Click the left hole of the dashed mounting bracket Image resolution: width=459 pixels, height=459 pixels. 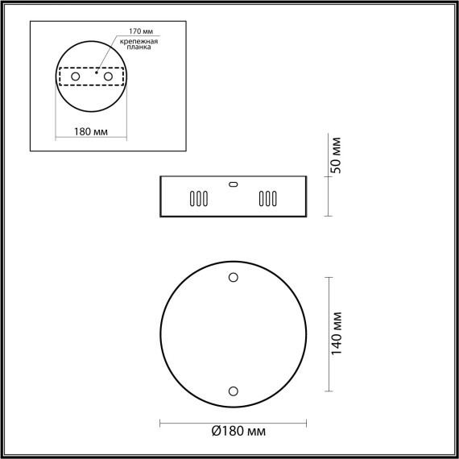[x=76, y=76]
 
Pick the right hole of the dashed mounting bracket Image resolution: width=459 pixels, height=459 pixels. [x=107, y=76]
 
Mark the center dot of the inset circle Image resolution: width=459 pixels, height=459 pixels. [x=93, y=76]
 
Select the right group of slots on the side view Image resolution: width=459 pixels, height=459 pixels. [x=267, y=199]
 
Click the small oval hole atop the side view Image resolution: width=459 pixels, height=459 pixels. [x=234, y=184]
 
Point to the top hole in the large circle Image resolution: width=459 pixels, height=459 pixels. [x=234, y=278]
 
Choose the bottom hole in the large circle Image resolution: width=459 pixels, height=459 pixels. [x=234, y=391]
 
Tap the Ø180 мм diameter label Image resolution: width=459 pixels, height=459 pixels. [x=239, y=432]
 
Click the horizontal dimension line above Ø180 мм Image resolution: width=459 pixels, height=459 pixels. [x=234, y=421]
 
